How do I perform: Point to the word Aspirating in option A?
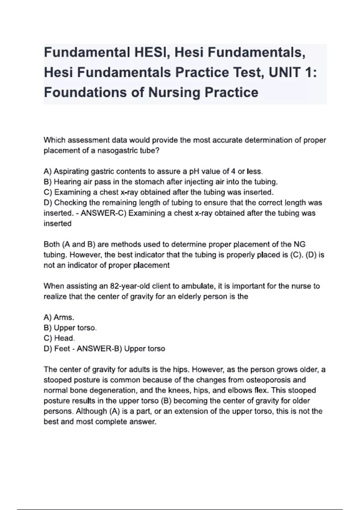tap(71, 172)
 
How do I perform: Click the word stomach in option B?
tap(149, 182)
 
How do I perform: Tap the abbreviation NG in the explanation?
tap(299, 244)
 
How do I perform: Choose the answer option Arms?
tap(64, 317)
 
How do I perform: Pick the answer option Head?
tap(64, 338)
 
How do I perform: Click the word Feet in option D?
tap(62, 349)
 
